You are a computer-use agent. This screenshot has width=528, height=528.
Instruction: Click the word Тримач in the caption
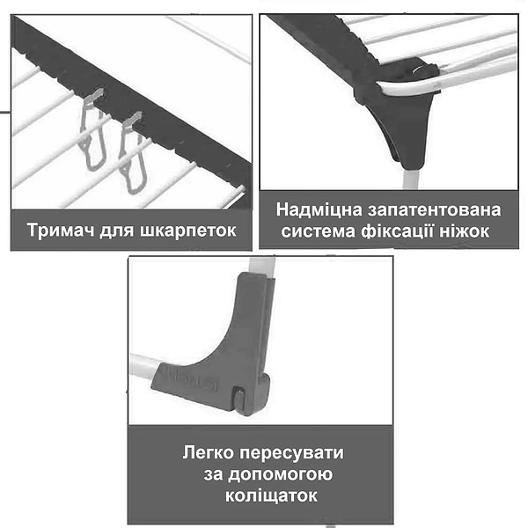(x=61, y=230)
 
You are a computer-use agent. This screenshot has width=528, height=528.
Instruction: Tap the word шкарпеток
(x=188, y=231)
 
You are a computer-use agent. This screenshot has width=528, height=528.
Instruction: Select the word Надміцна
(x=319, y=210)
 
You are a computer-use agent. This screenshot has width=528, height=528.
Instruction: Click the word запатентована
(x=434, y=209)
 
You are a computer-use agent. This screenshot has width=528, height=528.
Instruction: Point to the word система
(x=318, y=231)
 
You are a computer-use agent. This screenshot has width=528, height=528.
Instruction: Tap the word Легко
(x=209, y=452)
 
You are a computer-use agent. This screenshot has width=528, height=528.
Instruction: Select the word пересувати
(x=291, y=453)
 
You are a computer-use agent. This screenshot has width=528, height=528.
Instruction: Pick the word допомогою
(x=281, y=474)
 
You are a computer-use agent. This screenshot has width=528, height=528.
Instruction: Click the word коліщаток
(x=271, y=495)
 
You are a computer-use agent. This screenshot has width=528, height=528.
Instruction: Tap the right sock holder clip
(x=134, y=153)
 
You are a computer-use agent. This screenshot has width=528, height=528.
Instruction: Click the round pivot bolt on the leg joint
(x=418, y=70)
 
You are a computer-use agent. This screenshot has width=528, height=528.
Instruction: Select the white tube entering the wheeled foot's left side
(x=144, y=366)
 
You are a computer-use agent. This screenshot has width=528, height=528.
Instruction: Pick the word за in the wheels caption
(x=213, y=474)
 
